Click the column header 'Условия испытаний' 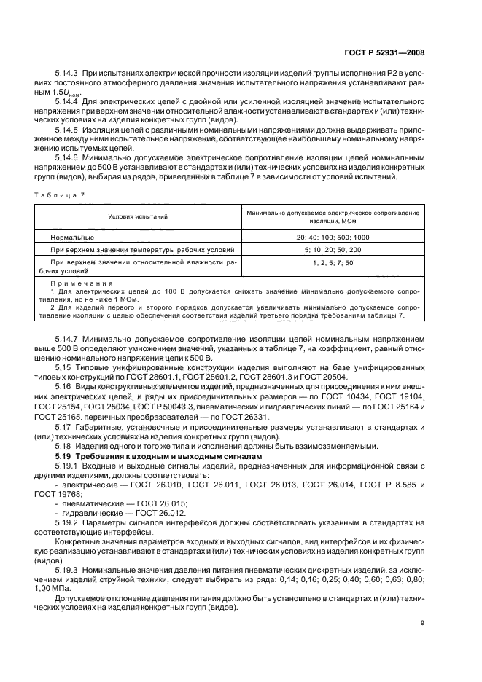click(138, 216)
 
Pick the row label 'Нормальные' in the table click(73, 238)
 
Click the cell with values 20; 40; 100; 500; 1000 click(333, 238)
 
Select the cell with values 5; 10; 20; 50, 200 click(333, 250)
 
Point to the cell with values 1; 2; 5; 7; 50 click(333, 262)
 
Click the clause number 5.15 click(63, 368)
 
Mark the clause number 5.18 click(63, 446)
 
